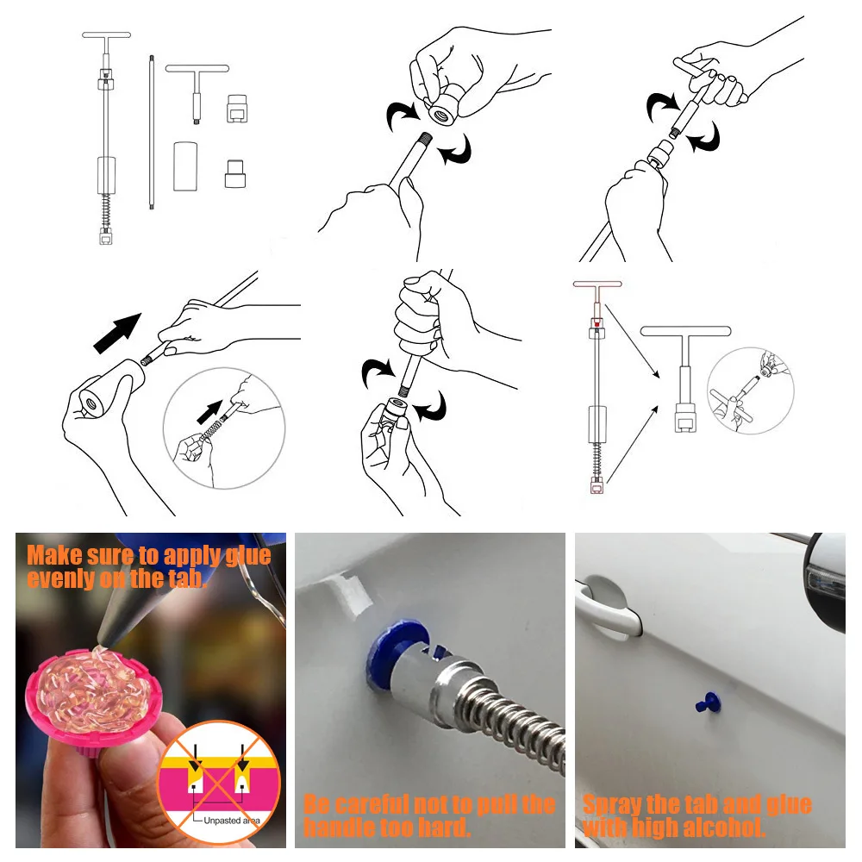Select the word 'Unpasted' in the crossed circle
click(x=221, y=821)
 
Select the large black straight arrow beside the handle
click(x=117, y=333)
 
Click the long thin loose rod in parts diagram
click(x=151, y=132)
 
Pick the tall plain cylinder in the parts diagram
click(x=185, y=166)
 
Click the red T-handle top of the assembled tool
click(x=597, y=284)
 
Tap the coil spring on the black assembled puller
click(x=107, y=209)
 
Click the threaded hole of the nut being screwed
click(x=440, y=116)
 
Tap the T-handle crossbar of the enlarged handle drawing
click(x=685, y=331)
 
